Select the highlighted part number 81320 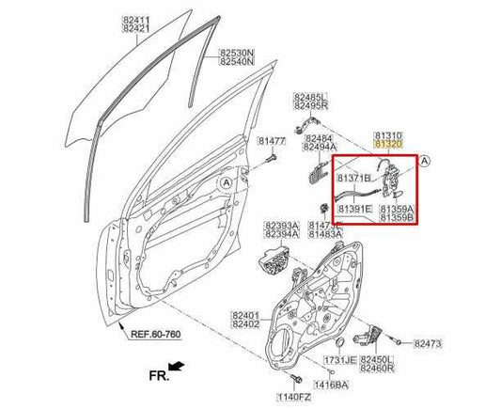point(387,144)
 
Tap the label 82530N point(238,52)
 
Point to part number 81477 point(273,141)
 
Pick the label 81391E point(355,209)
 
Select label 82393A point(281,226)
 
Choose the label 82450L point(380,360)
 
